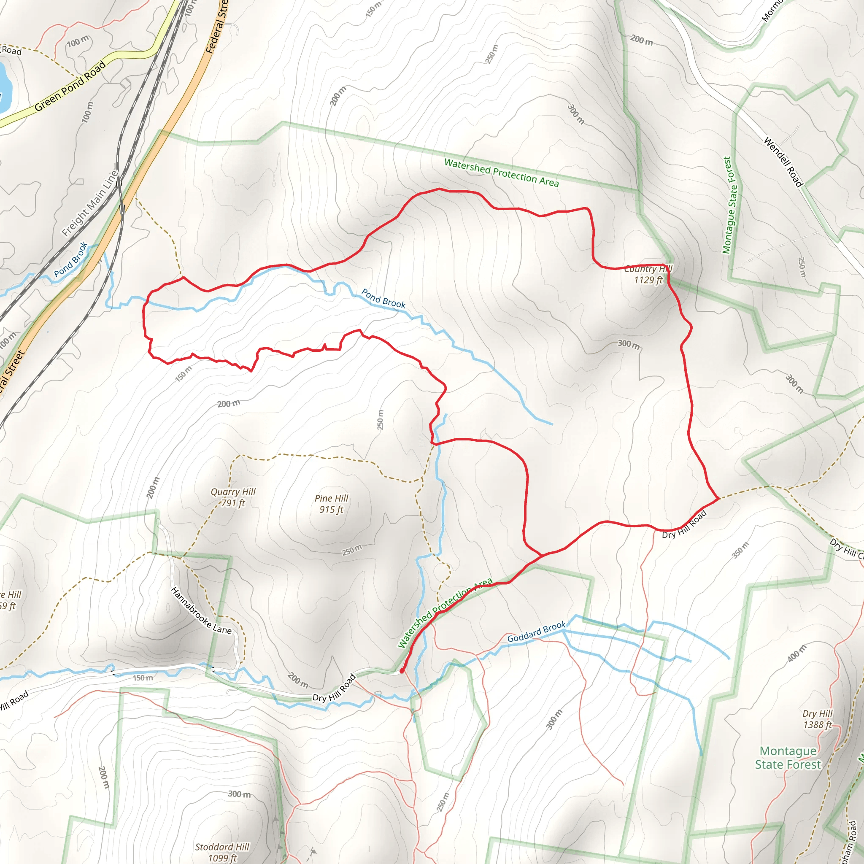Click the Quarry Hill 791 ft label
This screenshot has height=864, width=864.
point(233,497)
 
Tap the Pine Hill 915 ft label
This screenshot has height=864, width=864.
point(331,504)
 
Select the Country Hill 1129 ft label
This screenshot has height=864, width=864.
point(648,274)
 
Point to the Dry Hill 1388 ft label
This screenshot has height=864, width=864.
point(818,719)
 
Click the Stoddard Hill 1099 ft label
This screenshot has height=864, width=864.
point(222,852)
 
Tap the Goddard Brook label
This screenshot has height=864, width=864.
point(536,632)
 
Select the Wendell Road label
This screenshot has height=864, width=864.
point(783,162)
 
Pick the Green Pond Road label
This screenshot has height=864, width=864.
point(70,85)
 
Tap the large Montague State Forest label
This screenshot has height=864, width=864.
point(788,758)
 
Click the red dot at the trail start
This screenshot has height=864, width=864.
point(402,671)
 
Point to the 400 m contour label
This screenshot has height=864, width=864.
point(797,653)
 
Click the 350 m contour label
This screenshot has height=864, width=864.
point(740,550)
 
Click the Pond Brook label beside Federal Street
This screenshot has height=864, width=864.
point(70,260)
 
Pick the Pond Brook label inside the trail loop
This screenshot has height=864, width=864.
point(383,298)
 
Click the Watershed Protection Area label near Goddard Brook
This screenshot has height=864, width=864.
point(445,613)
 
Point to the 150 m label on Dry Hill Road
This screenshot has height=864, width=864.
point(143,678)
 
